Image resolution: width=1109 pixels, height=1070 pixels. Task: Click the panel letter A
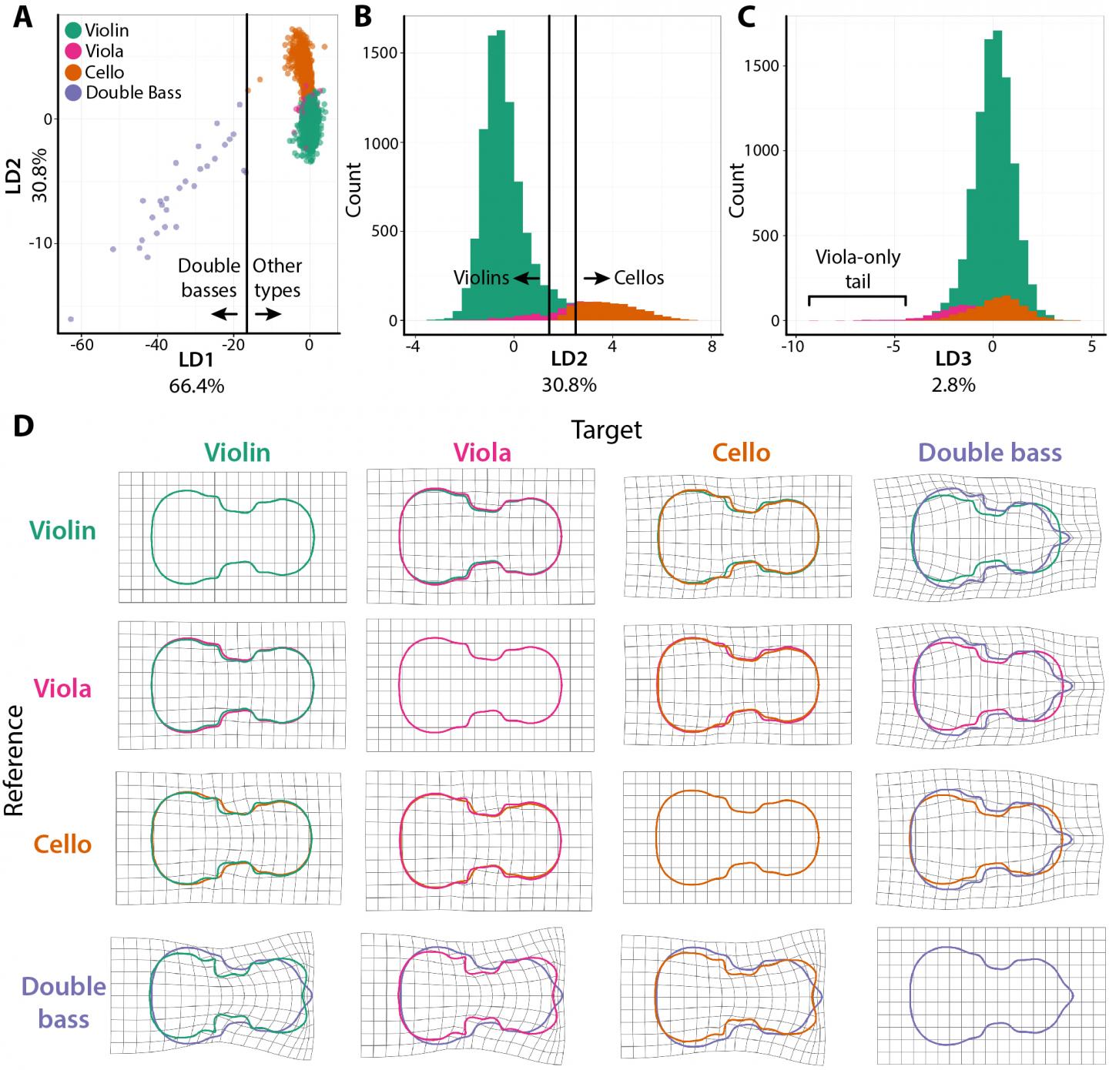[x=23, y=17]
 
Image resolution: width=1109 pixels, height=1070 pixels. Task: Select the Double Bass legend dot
[x=74, y=93]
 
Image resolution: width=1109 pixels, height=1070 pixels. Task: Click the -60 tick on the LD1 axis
[x=81, y=346]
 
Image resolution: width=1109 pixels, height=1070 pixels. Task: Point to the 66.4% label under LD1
[x=196, y=386]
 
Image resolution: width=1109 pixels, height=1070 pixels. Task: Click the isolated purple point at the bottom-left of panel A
[x=71, y=319]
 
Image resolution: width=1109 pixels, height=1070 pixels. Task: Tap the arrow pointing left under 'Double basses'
[x=226, y=313]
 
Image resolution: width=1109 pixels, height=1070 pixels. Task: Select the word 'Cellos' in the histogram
[x=638, y=278]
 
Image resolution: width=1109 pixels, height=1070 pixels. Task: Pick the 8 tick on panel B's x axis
[x=712, y=346]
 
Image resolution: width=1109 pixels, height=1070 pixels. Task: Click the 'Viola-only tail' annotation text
[x=858, y=269]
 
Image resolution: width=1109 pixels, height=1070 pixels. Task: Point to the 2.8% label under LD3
[x=953, y=386]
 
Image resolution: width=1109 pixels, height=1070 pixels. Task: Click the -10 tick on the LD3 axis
[x=792, y=346]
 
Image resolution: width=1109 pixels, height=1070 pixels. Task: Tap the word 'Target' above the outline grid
[x=606, y=430]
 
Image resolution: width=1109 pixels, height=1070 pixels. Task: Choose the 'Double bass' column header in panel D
[x=990, y=453]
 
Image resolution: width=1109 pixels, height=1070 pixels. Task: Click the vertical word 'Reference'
[x=15, y=760]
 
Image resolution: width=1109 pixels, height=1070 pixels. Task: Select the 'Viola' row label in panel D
[x=63, y=688]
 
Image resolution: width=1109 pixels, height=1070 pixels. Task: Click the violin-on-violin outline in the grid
[x=233, y=537]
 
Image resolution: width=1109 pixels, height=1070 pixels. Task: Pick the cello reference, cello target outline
[x=737, y=838]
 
